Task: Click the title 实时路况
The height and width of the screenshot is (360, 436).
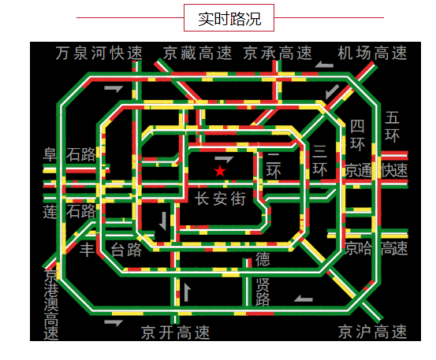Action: pos(229,19)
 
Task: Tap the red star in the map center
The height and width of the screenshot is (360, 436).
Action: pos(220,171)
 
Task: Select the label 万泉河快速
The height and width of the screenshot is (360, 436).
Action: pos(99,53)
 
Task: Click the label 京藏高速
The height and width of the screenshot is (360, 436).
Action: pos(197,53)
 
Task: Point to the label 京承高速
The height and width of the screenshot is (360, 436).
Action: pos(278,53)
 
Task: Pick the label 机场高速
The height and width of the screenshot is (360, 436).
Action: pos(372,53)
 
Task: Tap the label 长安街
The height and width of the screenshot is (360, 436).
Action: pos(220,199)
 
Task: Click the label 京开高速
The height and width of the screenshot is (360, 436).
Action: pos(175,332)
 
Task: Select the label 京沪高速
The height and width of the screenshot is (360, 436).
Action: pos(372,332)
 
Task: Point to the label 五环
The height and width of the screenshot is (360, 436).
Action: pos(392,127)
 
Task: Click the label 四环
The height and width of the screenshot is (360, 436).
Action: pos(357,135)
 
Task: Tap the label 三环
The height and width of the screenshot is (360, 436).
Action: pos(320,161)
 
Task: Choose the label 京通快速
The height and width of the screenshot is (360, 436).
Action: pos(376,170)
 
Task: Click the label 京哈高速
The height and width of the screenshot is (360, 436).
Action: pos(376,248)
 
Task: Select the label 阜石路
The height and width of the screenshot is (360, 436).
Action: pos(69,154)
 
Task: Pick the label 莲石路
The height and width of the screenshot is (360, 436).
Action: pos(69,211)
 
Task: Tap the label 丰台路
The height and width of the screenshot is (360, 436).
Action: pos(110,250)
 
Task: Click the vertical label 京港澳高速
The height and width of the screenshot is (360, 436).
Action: pos(51,304)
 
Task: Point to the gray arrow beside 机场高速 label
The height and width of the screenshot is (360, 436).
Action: pos(324,65)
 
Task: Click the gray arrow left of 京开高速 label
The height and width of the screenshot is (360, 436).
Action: pos(114,323)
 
